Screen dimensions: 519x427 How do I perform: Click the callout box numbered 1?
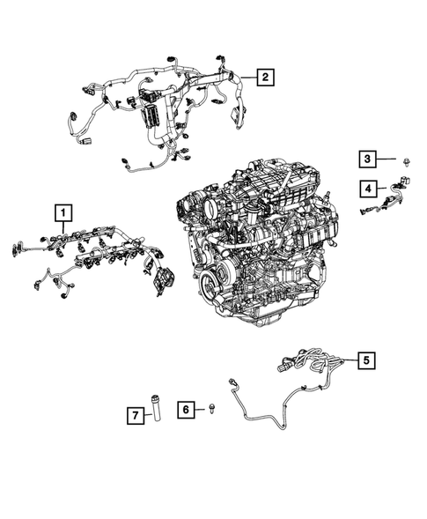(63, 211)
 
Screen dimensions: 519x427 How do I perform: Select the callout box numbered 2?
(263, 78)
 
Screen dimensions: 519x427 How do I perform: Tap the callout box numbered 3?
(366, 159)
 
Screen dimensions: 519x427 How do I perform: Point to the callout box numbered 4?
(366, 187)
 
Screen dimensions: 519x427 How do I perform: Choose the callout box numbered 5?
(366, 360)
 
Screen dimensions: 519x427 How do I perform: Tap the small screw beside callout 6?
(213, 409)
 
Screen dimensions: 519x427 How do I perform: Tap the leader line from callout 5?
(347, 360)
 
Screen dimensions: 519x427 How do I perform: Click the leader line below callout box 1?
(63, 226)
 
